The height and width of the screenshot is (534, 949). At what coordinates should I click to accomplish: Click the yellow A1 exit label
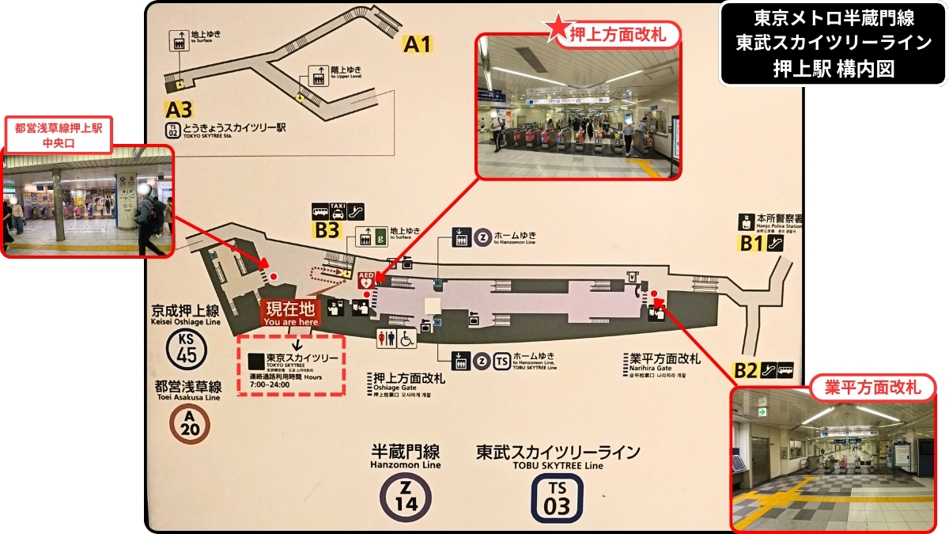(418, 45)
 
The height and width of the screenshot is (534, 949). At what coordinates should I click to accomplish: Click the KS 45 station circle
(187, 348)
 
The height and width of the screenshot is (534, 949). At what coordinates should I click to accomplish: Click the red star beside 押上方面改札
(557, 29)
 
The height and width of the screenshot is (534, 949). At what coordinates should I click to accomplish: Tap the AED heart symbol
(366, 279)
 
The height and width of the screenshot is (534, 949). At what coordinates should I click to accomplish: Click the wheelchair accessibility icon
(406, 339)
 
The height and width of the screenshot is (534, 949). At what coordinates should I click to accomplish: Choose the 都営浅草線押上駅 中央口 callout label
(58, 134)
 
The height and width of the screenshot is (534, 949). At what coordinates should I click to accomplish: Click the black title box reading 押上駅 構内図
(833, 43)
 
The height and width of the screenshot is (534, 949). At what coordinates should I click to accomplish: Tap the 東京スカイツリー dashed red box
(293, 365)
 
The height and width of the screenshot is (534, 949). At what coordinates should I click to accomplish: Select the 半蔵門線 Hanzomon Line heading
(405, 455)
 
